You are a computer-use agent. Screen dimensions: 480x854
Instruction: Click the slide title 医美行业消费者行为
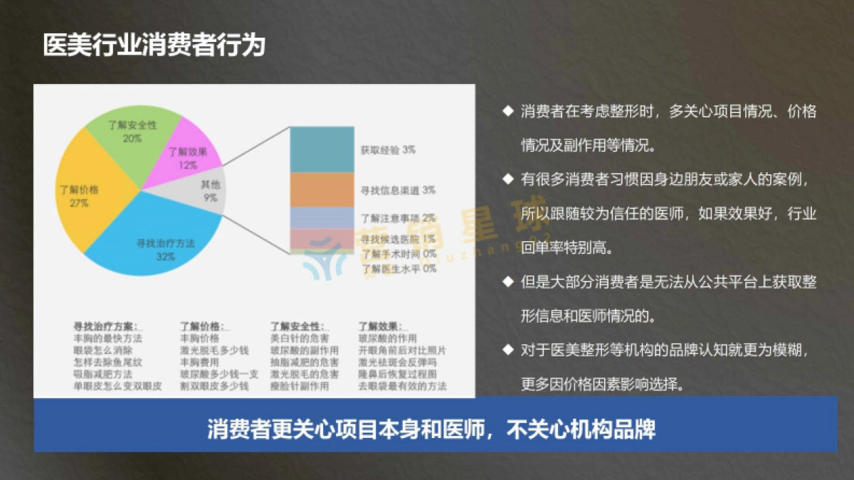click(154, 45)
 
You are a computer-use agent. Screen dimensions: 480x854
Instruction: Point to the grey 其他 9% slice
click(210, 191)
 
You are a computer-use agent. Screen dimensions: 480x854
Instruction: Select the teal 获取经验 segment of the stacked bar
click(322, 149)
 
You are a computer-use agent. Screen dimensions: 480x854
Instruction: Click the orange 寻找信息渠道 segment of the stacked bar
click(322, 190)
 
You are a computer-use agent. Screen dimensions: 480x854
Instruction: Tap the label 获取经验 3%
click(388, 150)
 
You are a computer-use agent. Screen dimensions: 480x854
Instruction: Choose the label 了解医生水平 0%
click(399, 269)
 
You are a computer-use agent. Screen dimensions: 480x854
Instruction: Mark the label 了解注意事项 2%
click(399, 218)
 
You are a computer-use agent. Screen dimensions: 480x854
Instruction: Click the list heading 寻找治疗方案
click(105, 326)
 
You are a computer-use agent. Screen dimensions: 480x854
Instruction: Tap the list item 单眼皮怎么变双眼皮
click(117, 386)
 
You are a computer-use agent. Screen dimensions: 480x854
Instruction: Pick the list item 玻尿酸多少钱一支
click(219, 374)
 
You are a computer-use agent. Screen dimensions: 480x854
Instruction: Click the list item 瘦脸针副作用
click(300, 386)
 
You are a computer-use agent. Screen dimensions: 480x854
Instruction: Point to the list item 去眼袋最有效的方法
click(402, 386)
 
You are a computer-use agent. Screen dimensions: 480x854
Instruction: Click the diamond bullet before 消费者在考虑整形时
click(507, 110)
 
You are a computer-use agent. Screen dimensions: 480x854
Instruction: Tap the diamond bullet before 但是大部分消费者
click(507, 281)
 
